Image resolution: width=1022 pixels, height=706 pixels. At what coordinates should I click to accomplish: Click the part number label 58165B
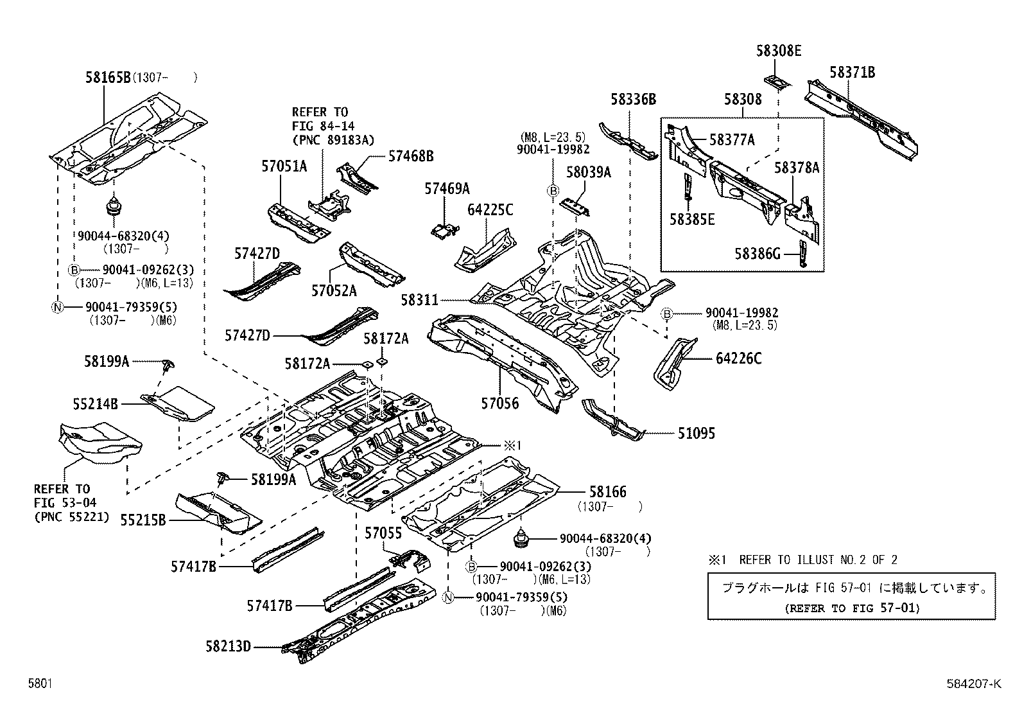pyautogui.click(x=108, y=78)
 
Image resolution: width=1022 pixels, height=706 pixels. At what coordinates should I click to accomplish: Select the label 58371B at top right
pyautogui.click(x=852, y=73)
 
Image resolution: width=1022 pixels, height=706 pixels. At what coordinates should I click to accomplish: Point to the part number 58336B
pyautogui.click(x=633, y=100)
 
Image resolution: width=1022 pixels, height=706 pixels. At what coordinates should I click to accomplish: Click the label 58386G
pyautogui.click(x=758, y=254)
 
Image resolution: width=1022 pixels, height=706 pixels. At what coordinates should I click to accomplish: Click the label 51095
pyautogui.click(x=696, y=434)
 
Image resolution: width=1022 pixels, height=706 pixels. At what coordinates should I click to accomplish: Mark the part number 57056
pyautogui.click(x=500, y=403)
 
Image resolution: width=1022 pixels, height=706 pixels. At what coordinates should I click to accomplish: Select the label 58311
pyautogui.click(x=420, y=300)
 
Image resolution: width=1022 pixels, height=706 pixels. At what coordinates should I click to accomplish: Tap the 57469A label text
pyautogui.click(x=447, y=188)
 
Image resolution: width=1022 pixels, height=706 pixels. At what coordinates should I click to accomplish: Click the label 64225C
pyautogui.click(x=490, y=210)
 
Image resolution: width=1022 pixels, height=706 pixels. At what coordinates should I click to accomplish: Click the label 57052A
pyautogui.click(x=334, y=291)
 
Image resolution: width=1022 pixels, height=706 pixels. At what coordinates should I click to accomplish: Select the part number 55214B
pyautogui.click(x=95, y=404)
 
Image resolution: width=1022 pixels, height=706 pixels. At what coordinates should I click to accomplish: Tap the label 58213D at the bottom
pyautogui.click(x=228, y=646)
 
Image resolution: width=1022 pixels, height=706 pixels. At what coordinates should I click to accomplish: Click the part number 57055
pyautogui.click(x=383, y=533)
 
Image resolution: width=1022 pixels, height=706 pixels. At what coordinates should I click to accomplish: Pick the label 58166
pyautogui.click(x=607, y=492)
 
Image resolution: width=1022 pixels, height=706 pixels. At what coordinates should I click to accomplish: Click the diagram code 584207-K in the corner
pyautogui.click(x=976, y=684)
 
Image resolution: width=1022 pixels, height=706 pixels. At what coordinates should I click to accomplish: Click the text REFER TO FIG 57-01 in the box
pyautogui.click(x=851, y=608)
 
